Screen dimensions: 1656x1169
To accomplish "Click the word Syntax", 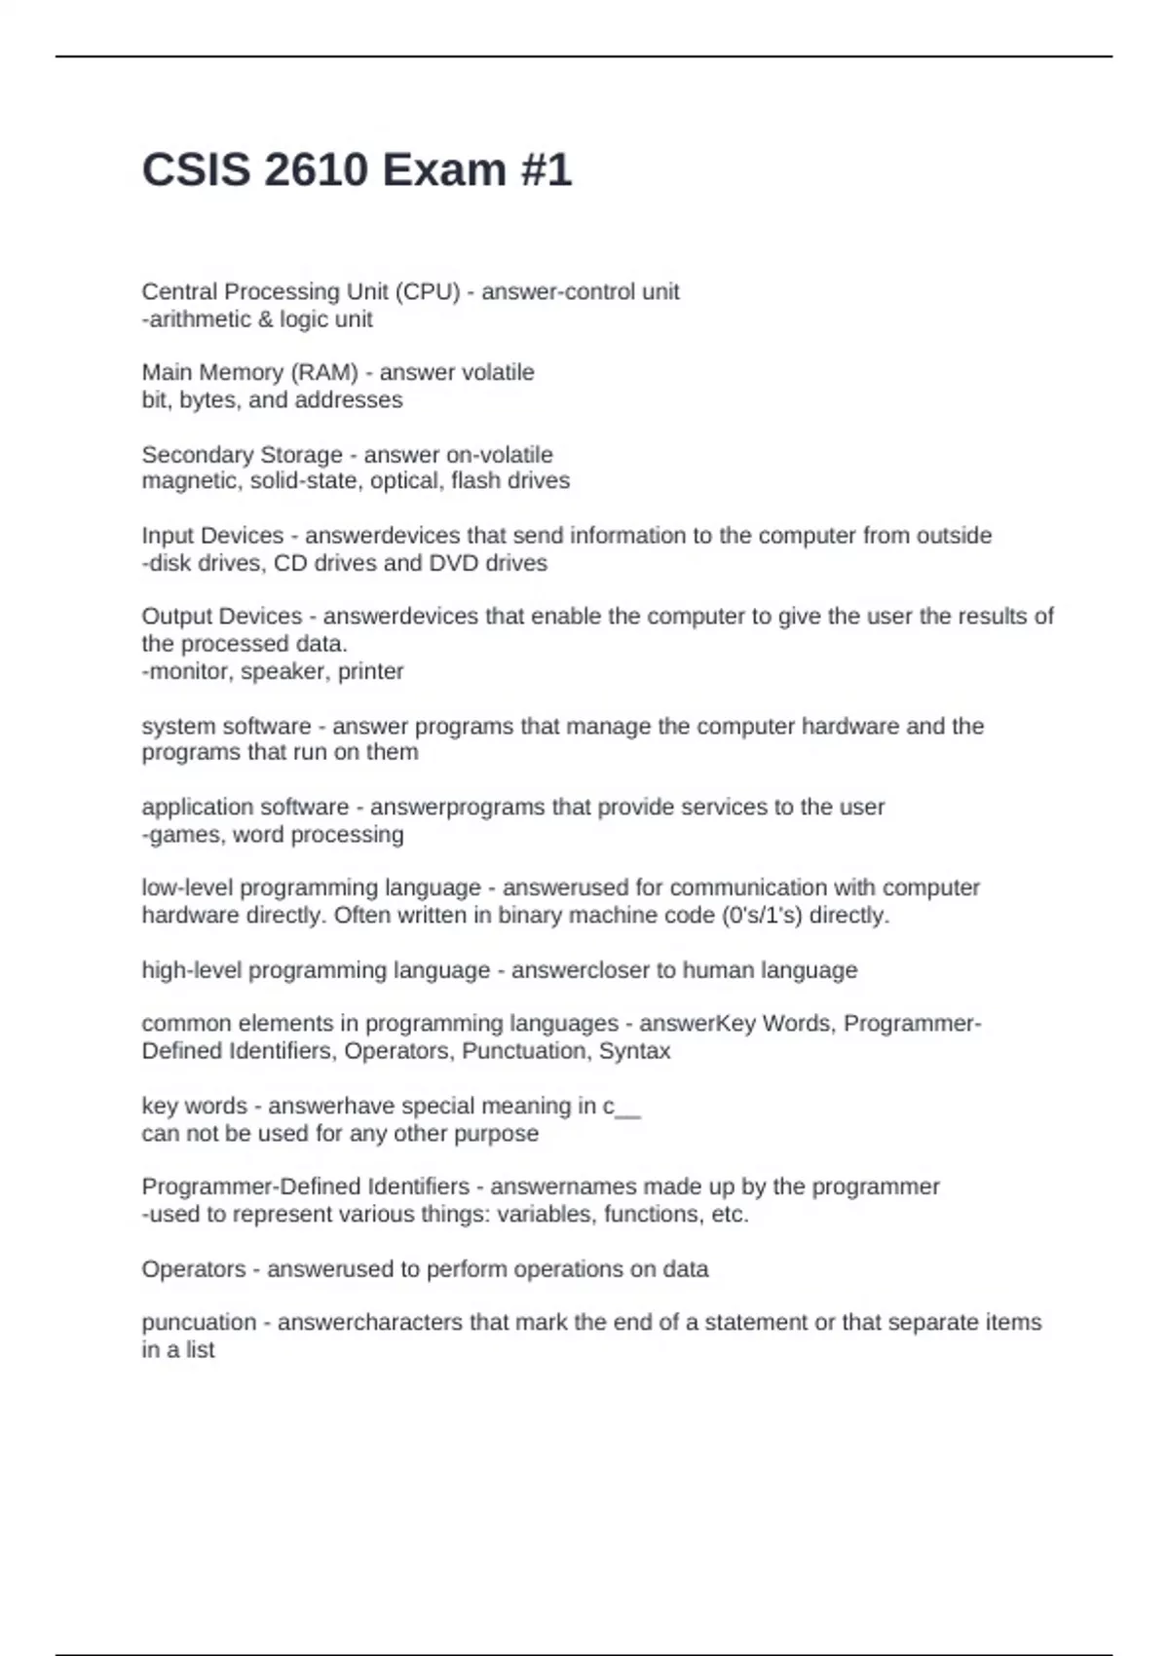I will [634, 1051].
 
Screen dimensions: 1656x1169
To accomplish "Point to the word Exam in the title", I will [443, 170].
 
